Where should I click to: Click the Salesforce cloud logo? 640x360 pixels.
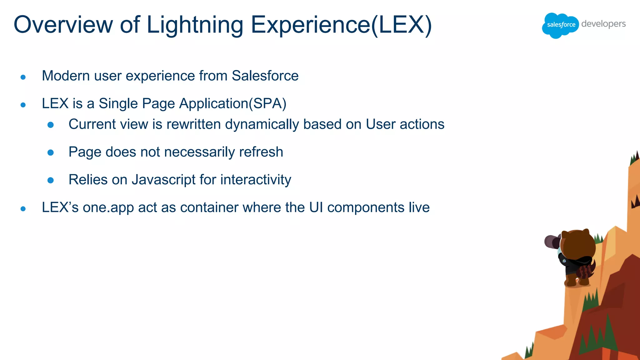pos(561,25)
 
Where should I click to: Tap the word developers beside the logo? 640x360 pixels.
pos(603,24)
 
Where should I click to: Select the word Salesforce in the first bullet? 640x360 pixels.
pos(265,76)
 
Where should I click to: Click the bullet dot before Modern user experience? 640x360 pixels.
pos(23,77)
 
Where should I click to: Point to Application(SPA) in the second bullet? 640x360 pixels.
pos(232,104)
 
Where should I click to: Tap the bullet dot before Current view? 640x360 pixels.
pos(51,125)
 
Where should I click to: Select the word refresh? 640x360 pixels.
pos(261,152)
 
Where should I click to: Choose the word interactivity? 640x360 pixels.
pos(256,180)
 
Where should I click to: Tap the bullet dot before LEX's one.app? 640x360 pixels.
pos(23,209)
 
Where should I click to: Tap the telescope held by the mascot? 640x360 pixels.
pos(552,242)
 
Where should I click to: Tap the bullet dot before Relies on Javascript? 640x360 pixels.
pos(51,180)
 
